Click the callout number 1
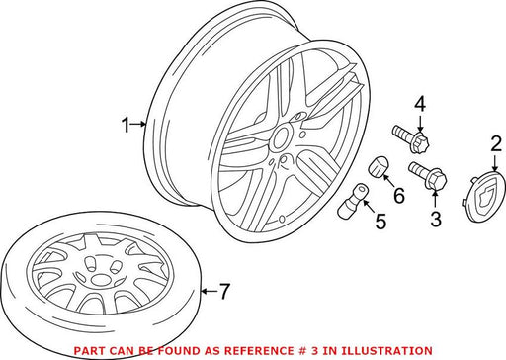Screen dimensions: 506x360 click(126, 125)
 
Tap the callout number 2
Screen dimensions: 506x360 click(496, 144)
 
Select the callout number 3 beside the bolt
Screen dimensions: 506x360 click(436, 220)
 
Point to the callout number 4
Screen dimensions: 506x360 click(420, 104)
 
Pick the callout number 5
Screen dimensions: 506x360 click(380, 222)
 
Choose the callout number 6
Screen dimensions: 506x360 click(399, 196)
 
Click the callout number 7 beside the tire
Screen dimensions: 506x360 click(224, 292)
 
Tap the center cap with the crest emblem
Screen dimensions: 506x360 click(486, 196)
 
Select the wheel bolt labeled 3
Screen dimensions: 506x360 click(428, 176)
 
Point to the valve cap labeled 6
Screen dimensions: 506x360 click(378, 167)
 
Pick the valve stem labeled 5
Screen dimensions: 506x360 click(352, 200)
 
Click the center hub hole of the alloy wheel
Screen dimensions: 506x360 click(281, 138)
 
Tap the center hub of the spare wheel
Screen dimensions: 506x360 click(98, 280)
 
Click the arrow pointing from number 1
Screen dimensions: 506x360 click(138, 124)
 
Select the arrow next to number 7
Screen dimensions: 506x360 click(209, 291)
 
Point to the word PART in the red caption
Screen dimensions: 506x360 click(86, 350)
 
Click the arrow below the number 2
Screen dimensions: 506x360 click(495, 162)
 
